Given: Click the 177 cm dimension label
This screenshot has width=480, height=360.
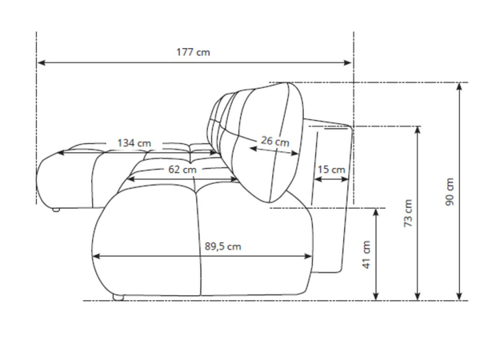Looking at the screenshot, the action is coord(193,52).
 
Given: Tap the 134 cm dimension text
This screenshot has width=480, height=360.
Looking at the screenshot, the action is coord(134,143).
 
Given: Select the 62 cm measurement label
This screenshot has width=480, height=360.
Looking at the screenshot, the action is coord(182,170).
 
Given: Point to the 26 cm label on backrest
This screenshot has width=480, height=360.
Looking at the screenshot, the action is coord(275,141).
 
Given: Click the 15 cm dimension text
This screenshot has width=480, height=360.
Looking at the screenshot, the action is coord(331,170).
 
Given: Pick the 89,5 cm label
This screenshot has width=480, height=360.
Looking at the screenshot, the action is coord(223,246).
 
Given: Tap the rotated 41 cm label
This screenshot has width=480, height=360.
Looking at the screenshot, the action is coord(366,254).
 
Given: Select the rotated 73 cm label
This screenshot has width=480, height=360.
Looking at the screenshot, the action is coord(408,213).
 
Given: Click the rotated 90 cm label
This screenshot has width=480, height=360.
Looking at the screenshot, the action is coord(450,192).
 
